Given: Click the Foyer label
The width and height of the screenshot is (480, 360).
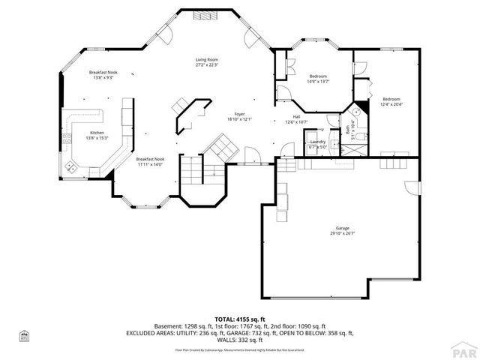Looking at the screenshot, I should pyautogui.click(x=239, y=114).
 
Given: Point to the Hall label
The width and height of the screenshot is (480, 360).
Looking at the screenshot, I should pyautogui.click(x=296, y=118).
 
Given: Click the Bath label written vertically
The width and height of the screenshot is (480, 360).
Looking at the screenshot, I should pyautogui.click(x=348, y=131).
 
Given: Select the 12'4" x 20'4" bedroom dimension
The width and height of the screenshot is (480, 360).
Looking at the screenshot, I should pyautogui.click(x=391, y=104).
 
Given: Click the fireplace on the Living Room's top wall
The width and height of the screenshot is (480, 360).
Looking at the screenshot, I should pyautogui.click(x=201, y=14).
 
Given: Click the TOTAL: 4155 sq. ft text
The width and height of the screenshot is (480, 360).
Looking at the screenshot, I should pyautogui.click(x=240, y=318).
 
